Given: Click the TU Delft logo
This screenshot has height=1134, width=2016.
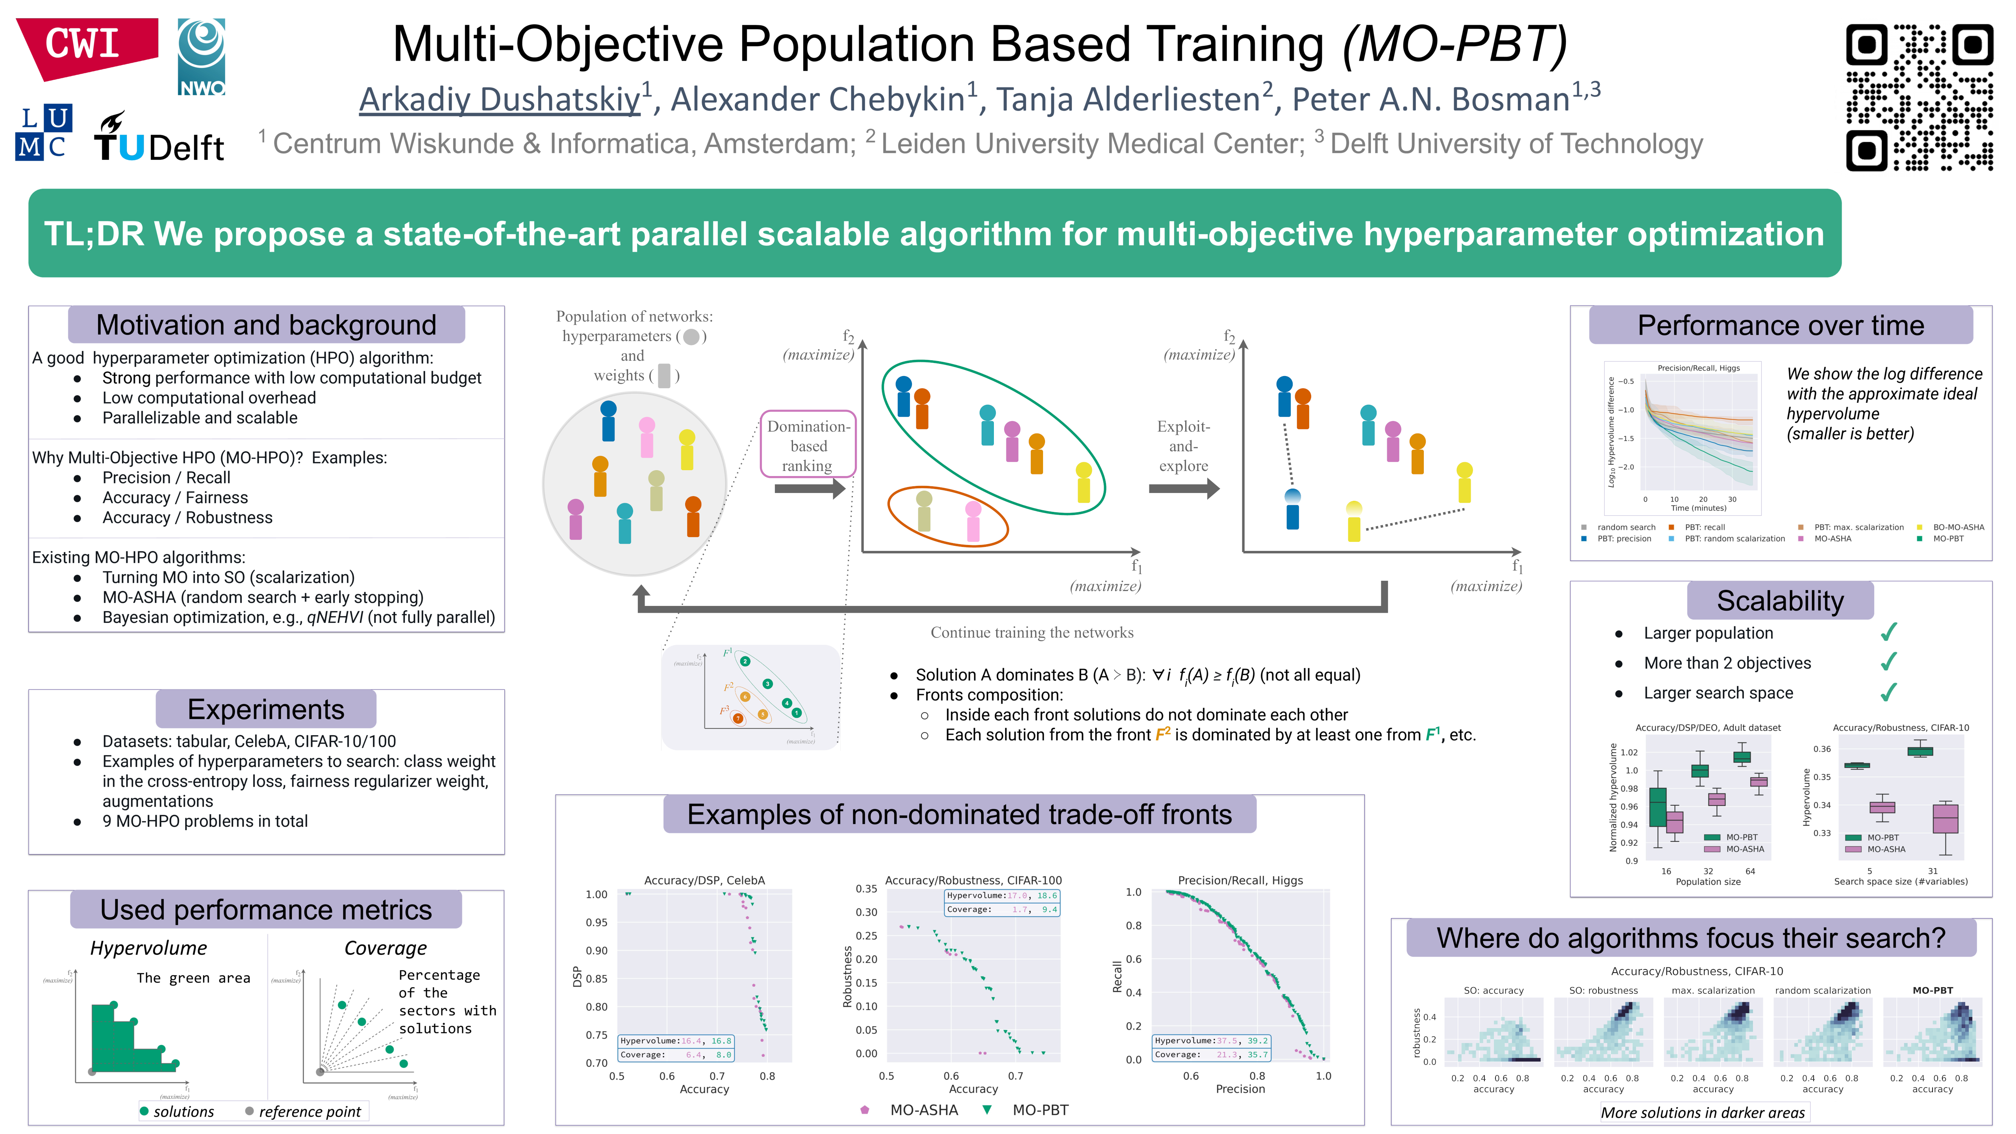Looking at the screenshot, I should (x=159, y=139).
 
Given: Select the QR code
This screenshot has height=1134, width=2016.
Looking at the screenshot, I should (x=1919, y=97).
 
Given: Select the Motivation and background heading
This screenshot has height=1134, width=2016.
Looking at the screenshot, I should (x=266, y=325).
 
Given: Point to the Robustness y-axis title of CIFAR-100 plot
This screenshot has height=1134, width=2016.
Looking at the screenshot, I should (x=847, y=976).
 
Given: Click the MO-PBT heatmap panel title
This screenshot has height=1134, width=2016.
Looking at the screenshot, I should (x=1932, y=990).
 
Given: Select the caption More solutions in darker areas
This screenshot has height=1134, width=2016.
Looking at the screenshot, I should (x=1702, y=1112).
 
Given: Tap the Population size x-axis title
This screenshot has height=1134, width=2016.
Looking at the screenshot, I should (x=1708, y=882).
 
